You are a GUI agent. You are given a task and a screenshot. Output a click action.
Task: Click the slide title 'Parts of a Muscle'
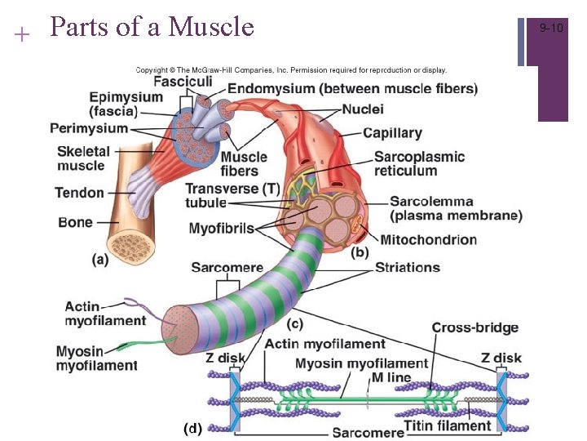pyautogui.click(x=152, y=27)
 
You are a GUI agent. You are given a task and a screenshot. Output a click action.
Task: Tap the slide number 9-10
pyautogui.click(x=552, y=29)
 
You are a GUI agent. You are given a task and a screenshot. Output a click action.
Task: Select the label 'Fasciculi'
pyautogui.click(x=183, y=82)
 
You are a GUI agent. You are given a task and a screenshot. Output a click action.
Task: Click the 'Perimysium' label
pyautogui.click(x=89, y=128)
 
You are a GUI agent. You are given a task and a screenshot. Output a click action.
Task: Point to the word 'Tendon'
pyautogui.click(x=79, y=193)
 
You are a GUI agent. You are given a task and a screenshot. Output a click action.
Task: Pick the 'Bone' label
pyautogui.click(x=75, y=222)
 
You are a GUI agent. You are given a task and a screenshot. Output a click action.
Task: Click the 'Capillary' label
pyautogui.click(x=392, y=132)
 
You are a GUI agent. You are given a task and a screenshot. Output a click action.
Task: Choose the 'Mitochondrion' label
pyautogui.click(x=439, y=240)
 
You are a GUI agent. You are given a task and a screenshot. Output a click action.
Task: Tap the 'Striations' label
pyautogui.click(x=407, y=267)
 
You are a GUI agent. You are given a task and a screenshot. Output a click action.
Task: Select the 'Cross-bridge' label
pyautogui.click(x=474, y=327)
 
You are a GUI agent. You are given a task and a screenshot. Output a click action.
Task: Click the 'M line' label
pyautogui.click(x=391, y=377)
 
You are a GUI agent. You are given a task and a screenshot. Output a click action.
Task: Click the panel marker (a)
pyautogui.click(x=99, y=259)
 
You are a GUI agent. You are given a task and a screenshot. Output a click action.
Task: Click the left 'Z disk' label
pyautogui.click(x=226, y=358)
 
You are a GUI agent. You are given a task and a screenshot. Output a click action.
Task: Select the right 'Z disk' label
pyautogui.click(x=501, y=358)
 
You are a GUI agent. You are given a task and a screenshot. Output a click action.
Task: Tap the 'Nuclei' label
pyautogui.click(x=363, y=109)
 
